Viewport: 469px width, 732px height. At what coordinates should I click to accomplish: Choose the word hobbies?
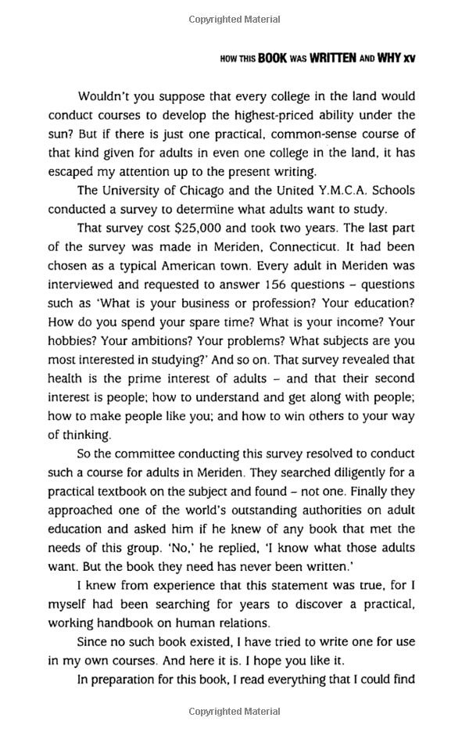[x=75, y=342]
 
